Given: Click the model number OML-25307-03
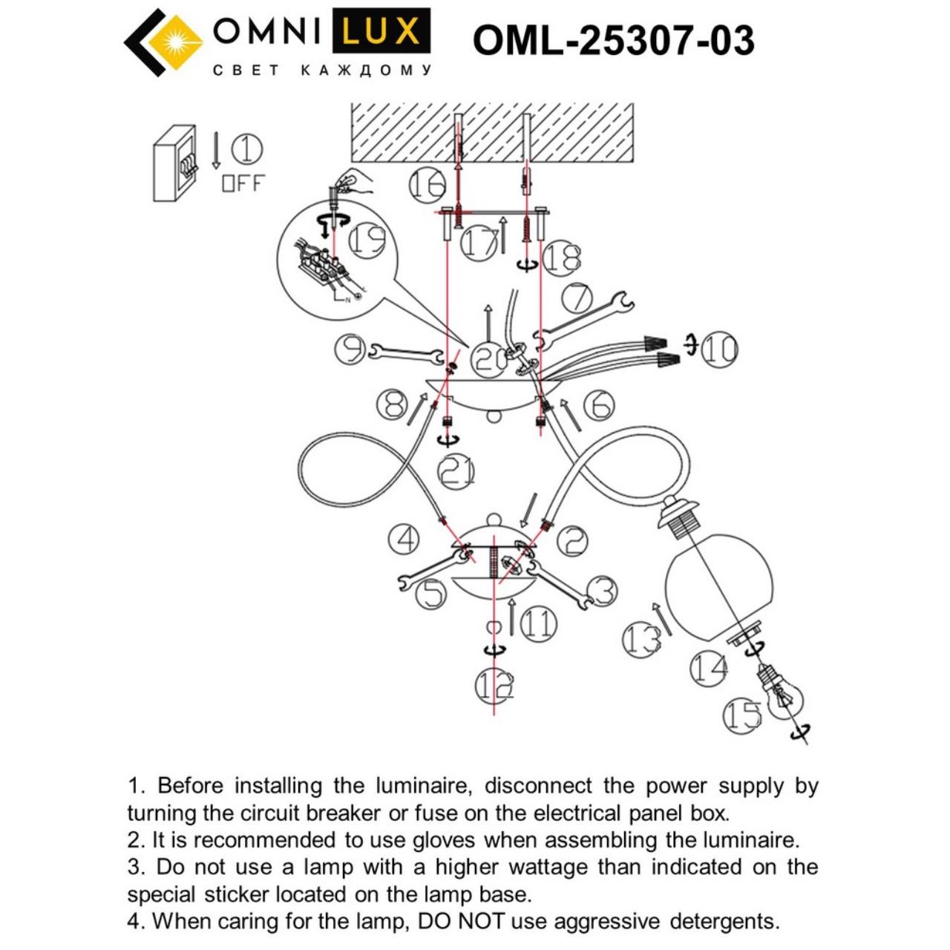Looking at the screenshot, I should (613, 40).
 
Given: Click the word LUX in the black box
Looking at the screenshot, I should (381, 32).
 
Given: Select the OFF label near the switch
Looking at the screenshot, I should (243, 183).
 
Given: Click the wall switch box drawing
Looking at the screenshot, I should (175, 163).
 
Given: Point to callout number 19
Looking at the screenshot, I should (367, 240).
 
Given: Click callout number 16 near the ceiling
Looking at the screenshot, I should (427, 184).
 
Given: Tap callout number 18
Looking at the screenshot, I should (562, 258).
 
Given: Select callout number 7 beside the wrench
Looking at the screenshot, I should (577, 298).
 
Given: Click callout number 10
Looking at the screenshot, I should (718, 349).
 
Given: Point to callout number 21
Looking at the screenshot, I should (456, 471).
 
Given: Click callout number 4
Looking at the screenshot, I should (404, 540).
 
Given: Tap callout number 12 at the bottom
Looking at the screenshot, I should (494, 687).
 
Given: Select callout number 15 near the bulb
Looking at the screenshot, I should (742, 715).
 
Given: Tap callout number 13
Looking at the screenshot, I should (641, 638).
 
